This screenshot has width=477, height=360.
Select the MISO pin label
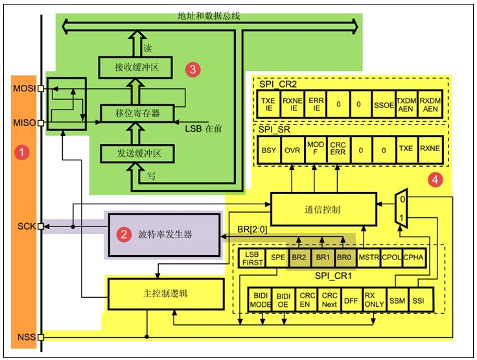[23, 122]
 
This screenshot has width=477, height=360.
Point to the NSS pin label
[25, 337]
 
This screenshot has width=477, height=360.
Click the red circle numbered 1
[23, 153]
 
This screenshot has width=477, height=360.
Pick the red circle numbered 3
[191, 68]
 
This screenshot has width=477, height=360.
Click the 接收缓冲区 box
[137, 67]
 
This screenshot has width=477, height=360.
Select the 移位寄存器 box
[137, 113]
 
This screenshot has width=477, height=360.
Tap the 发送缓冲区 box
[137, 154]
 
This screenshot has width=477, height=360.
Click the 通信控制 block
[323, 209]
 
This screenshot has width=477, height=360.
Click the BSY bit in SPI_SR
[268, 149]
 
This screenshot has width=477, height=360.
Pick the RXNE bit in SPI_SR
[429, 149]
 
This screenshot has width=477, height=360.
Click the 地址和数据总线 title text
[211, 14]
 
